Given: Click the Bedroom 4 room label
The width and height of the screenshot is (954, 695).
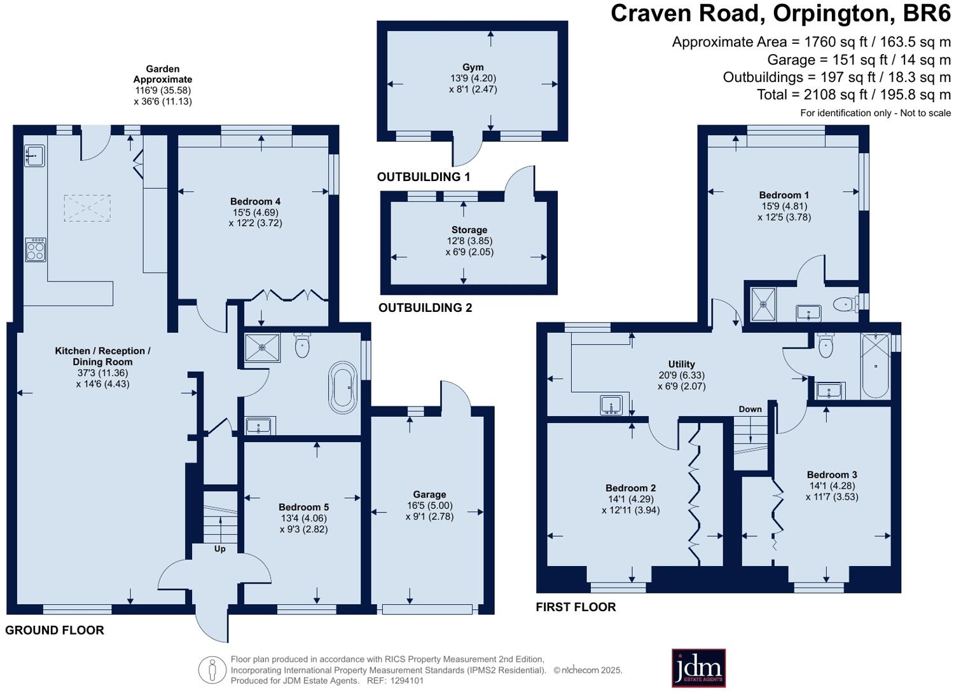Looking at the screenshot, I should (256, 201).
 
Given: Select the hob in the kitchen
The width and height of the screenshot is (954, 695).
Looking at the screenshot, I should (36, 250).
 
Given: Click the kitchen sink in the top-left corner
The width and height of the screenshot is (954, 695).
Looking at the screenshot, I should (34, 155).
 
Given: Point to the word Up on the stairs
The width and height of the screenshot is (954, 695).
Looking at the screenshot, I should (219, 549).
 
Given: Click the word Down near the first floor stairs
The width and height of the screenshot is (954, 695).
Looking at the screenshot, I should (750, 409).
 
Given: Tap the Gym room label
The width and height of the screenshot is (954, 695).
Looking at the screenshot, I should (473, 67).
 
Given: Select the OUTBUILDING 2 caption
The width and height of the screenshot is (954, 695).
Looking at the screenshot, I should (425, 308).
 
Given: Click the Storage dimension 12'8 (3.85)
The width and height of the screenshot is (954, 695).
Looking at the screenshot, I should (469, 241).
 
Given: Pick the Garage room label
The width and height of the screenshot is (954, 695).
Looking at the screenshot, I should (429, 494).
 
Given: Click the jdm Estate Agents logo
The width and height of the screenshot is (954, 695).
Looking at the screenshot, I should (698, 668).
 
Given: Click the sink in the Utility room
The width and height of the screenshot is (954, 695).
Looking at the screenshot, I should (611, 405).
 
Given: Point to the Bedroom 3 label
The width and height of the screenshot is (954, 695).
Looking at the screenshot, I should (832, 475).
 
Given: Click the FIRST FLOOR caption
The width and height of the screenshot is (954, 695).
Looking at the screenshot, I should (576, 607).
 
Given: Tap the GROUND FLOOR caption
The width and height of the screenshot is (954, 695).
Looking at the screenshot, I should (55, 631).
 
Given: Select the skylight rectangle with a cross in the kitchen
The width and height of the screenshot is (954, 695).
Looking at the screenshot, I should (87, 208).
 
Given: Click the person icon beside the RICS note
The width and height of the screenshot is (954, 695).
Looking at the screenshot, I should (212, 670).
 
